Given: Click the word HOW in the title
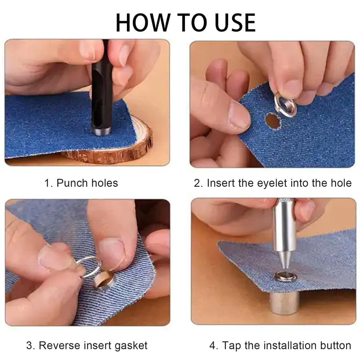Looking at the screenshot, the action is coord(142,22).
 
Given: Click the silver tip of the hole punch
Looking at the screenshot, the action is coord(101,131).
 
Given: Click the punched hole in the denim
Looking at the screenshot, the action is coord(273,121).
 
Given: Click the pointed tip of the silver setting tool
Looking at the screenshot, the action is coord(284,266).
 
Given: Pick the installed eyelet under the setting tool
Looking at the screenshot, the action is coord(285,277).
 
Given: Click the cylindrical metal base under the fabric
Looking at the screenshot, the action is coord(284,302).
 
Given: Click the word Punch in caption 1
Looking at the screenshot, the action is coord(72,183).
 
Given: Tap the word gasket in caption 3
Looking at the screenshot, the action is coord(131,346).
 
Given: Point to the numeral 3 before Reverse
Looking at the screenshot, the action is coord(29,346).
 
